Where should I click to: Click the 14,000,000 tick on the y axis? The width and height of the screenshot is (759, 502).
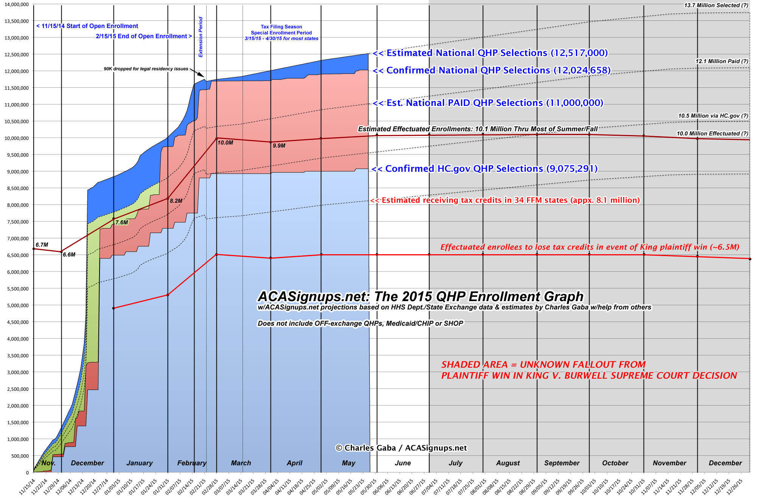tap(17, 5)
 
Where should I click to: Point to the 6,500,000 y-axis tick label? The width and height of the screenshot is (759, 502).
tap(17, 255)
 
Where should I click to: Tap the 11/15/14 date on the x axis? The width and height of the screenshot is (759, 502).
tap(27, 486)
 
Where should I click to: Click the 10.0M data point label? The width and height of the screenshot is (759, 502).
tap(225, 143)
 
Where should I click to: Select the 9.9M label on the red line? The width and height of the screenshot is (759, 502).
tap(279, 146)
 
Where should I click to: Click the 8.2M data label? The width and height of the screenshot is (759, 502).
tap(176, 201)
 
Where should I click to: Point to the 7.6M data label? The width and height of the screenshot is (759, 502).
tap(122, 222)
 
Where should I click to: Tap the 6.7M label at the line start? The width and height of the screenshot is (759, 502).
tap(42, 245)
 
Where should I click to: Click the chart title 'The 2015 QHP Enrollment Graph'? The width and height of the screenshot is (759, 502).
tap(420, 297)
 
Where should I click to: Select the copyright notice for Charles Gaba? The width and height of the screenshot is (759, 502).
tap(401, 448)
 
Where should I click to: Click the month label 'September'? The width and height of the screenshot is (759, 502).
tap(561, 463)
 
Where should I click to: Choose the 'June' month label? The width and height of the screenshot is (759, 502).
tap(403, 463)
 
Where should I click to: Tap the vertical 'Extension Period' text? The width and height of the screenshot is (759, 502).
tap(201, 37)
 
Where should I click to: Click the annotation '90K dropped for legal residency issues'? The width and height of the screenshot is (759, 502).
tap(146, 69)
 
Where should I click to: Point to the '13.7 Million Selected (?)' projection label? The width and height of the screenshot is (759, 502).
tap(716, 5)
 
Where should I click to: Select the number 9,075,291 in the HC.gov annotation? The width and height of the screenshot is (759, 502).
tap(572, 169)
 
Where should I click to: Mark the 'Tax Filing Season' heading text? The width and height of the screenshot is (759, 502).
tap(281, 27)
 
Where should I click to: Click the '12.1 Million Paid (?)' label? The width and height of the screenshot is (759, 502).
tap(722, 61)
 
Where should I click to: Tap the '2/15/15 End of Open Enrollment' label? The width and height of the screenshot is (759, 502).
tap(143, 36)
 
